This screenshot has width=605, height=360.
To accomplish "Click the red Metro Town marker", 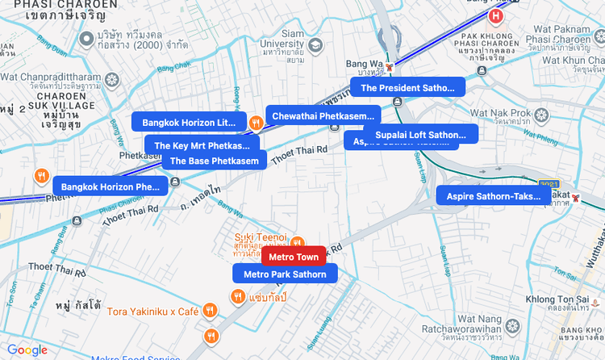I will tap(294, 257).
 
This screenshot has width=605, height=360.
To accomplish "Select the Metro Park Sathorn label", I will tap(285, 274).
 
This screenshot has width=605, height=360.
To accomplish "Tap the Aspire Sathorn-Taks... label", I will tap(494, 196).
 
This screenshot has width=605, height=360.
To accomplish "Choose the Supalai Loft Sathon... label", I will tap(420, 135).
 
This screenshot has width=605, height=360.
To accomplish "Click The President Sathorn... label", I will tap(407, 88).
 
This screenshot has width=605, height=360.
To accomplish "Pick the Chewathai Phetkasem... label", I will tap(323, 116).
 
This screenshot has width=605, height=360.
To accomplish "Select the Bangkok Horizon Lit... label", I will tap(189, 123).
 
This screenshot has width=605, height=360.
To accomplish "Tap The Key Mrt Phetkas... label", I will tap(202, 146).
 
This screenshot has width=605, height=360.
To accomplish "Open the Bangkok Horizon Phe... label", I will tap(111, 186).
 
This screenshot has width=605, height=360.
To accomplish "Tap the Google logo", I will tap(27, 350).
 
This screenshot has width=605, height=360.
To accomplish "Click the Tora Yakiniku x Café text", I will tap(153, 311).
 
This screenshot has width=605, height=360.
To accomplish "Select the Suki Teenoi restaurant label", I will tap(261, 237).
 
